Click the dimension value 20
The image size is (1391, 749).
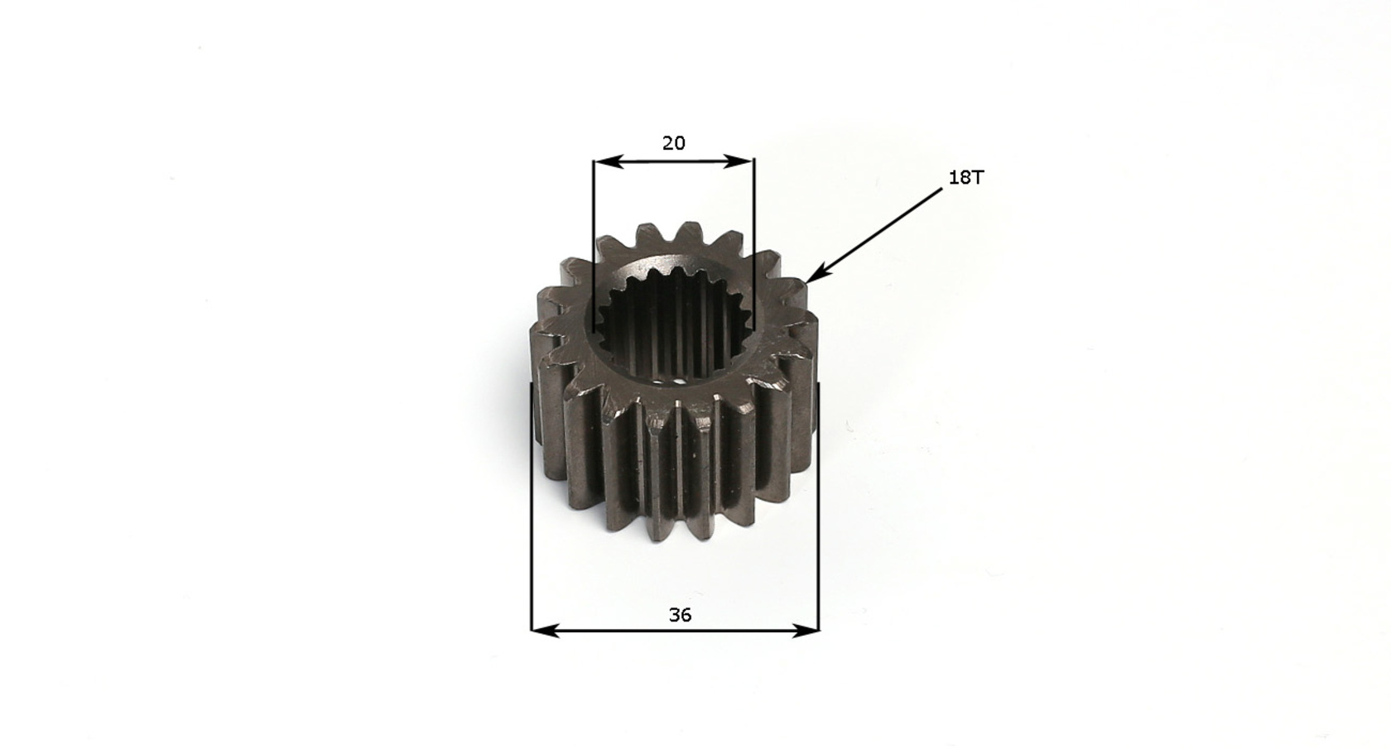point(674,143)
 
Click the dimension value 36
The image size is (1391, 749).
point(680,615)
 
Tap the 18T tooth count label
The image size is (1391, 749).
point(966,177)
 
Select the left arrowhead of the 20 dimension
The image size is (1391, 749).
point(609,162)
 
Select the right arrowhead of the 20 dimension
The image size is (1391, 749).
point(739,162)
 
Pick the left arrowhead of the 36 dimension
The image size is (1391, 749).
point(546,631)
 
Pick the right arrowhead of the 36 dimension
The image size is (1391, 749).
point(805,631)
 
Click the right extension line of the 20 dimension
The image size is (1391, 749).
point(753,245)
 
